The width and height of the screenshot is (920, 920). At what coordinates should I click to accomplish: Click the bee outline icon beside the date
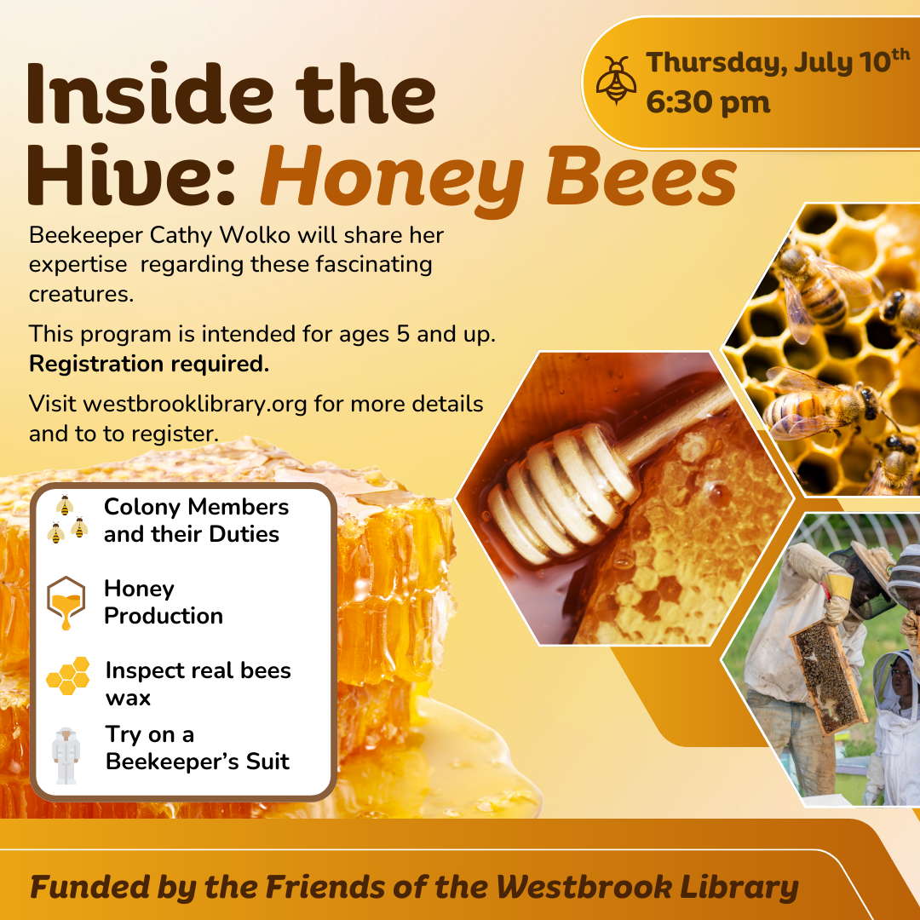click(616, 80)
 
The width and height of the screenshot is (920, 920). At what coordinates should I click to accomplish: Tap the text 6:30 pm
click(708, 103)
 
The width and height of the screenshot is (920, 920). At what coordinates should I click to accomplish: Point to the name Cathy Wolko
click(220, 235)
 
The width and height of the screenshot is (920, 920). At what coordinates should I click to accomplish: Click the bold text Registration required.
click(149, 364)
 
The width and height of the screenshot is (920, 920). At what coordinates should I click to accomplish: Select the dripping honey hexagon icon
click(66, 602)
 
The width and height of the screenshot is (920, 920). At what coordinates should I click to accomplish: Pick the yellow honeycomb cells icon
click(68, 676)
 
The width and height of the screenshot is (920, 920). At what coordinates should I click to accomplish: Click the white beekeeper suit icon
click(65, 756)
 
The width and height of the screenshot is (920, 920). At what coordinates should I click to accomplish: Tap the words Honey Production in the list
click(163, 602)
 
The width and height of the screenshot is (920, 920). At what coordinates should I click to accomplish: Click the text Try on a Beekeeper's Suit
click(197, 748)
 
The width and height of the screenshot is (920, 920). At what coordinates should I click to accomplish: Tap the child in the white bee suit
click(894, 727)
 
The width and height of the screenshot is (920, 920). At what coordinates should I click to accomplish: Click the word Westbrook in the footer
click(584, 886)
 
